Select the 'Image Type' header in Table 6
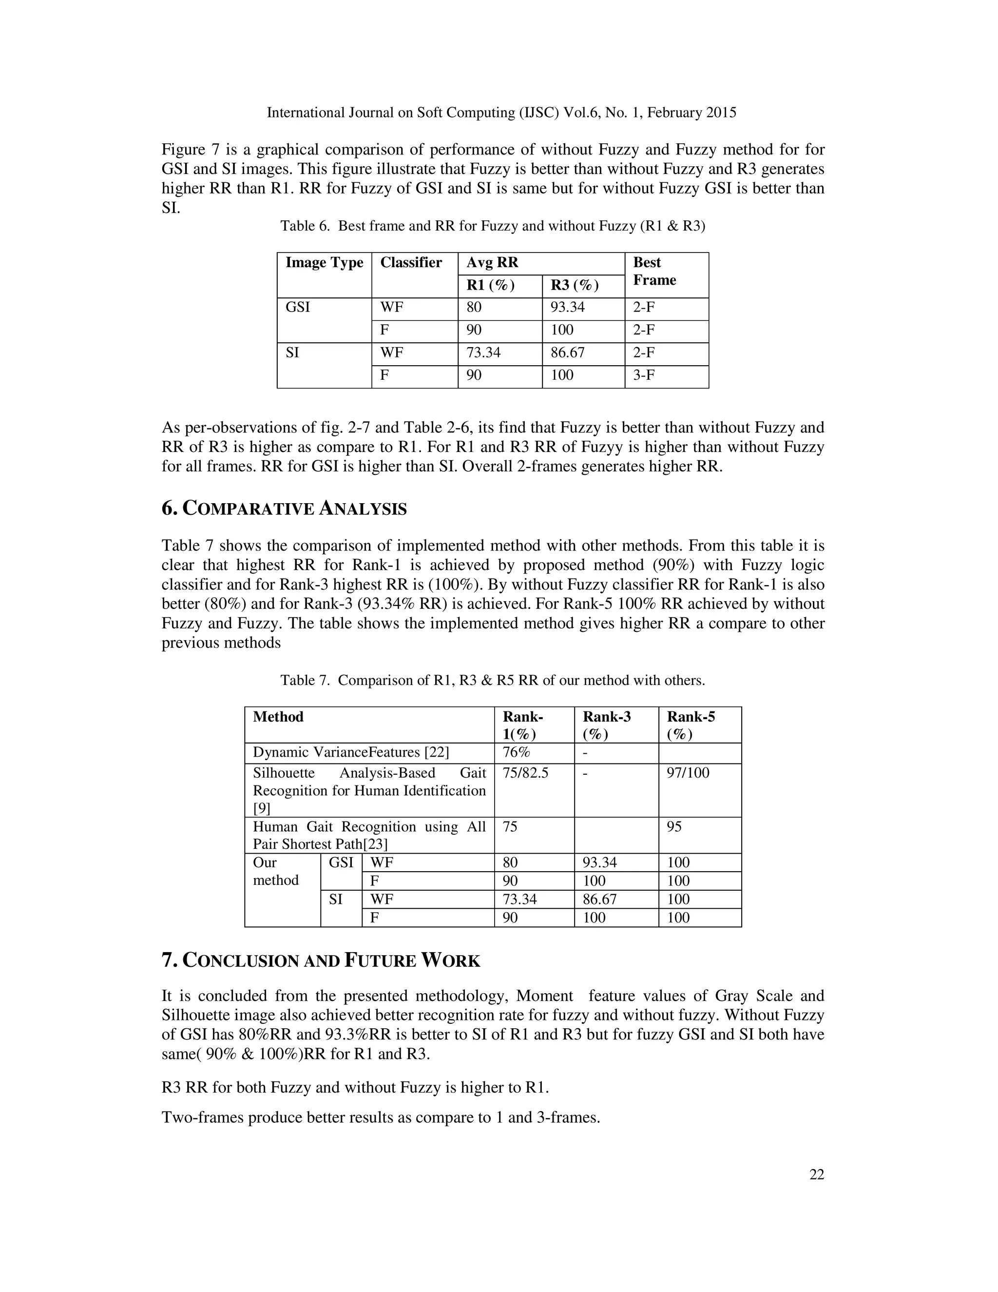coord(324,263)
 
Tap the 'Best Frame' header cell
coord(654,272)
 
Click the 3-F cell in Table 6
coord(644,375)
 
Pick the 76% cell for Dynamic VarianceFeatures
coord(516,752)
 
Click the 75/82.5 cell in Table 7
coord(525,773)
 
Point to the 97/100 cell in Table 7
coord(688,773)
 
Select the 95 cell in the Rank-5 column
coord(674,826)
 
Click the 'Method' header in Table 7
coord(278,717)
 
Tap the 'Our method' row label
coord(275,871)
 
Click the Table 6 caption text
coord(493,226)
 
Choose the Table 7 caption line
coord(493,680)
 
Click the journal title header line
coord(501,113)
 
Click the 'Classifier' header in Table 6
coord(411,263)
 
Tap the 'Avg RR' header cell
coord(492,263)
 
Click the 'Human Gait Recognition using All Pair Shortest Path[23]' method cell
coord(369,835)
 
